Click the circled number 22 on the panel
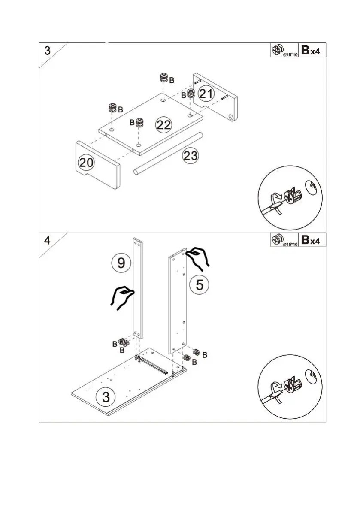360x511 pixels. tap(164, 125)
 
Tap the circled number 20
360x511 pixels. tap(86, 163)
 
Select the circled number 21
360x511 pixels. tap(206, 94)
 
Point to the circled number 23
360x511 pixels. tap(191, 156)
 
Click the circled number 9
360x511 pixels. tap(121, 263)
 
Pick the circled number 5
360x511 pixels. tap(200, 284)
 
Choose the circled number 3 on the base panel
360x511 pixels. tap(106, 396)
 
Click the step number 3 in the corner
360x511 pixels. tap(47, 51)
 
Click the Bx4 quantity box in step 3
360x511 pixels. tap(311, 50)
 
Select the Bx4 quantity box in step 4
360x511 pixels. tap(311, 240)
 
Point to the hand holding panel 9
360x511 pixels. tap(122, 297)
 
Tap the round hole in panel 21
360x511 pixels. tap(231, 117)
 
